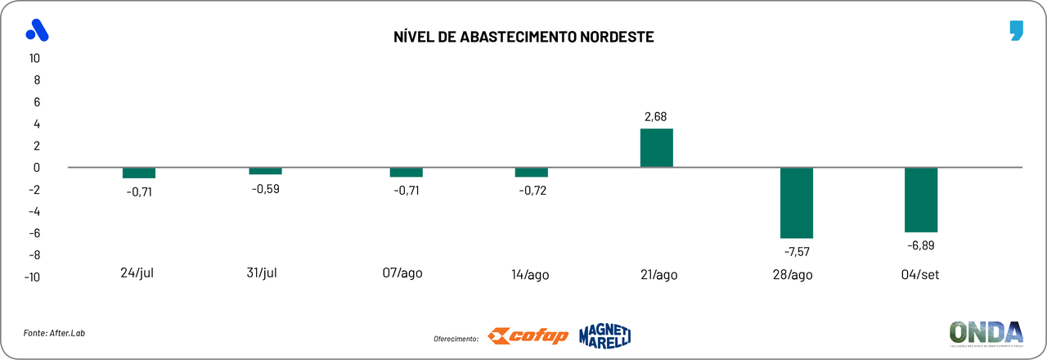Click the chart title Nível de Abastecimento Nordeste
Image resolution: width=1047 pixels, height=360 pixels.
pos(523,38)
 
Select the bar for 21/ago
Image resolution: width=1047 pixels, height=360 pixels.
pos(656,148)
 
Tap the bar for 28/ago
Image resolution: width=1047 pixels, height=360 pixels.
pos(797,203)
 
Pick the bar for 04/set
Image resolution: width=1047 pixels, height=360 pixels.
pos(921,200)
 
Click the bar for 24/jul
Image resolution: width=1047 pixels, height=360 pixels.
pos(139,173)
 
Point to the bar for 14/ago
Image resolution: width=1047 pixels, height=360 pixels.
pos(531,172)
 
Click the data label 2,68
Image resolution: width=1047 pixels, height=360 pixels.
pos(656,117)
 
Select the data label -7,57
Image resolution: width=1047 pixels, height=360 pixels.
pos(797,251)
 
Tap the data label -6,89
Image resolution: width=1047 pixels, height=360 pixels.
pos(921,245)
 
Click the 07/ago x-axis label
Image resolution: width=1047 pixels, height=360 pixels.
pos(402,272)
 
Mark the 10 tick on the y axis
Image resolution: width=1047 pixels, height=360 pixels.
pos(34,58)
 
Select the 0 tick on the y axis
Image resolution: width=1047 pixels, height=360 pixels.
pos(37,168)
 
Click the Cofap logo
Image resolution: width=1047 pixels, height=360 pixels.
pos(528,335)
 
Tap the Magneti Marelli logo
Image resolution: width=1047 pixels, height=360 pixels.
pos(604,335)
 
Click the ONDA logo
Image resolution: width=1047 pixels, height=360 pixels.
pos(986,333)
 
